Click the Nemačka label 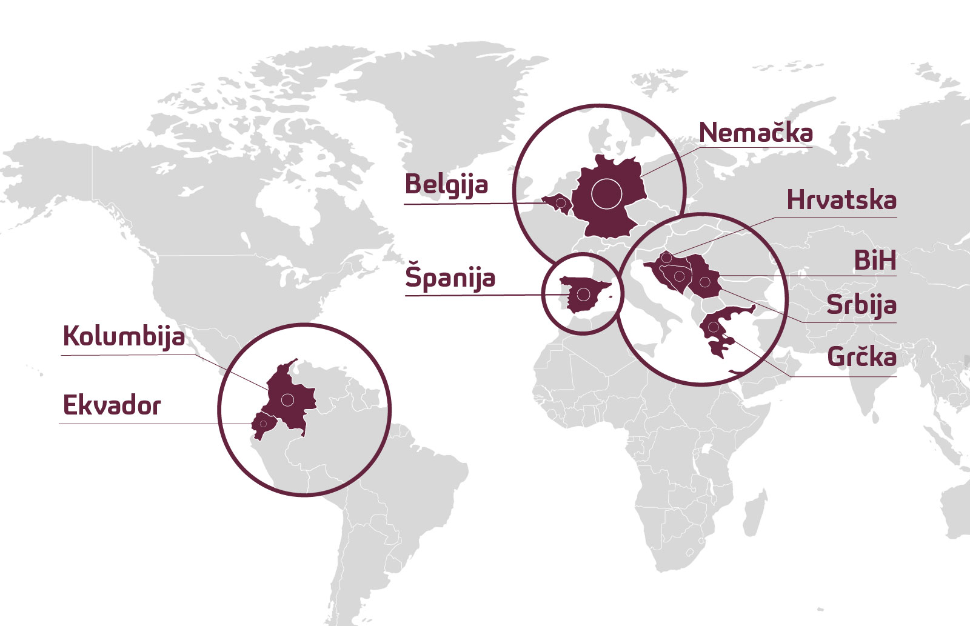[x=755, y=133]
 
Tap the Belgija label [x=446, y=184]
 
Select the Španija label [x=450, y=278]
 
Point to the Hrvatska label [x=841, y=200]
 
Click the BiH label [x=874, y=261]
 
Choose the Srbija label [x=861, y=305]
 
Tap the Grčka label [x=861, y=357]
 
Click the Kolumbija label [x=124, y=336]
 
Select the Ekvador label [x=112, y=405]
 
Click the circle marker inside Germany [x=607, y=194]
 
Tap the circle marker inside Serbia [x=704, y=282]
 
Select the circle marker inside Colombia [x=287, y=399]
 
